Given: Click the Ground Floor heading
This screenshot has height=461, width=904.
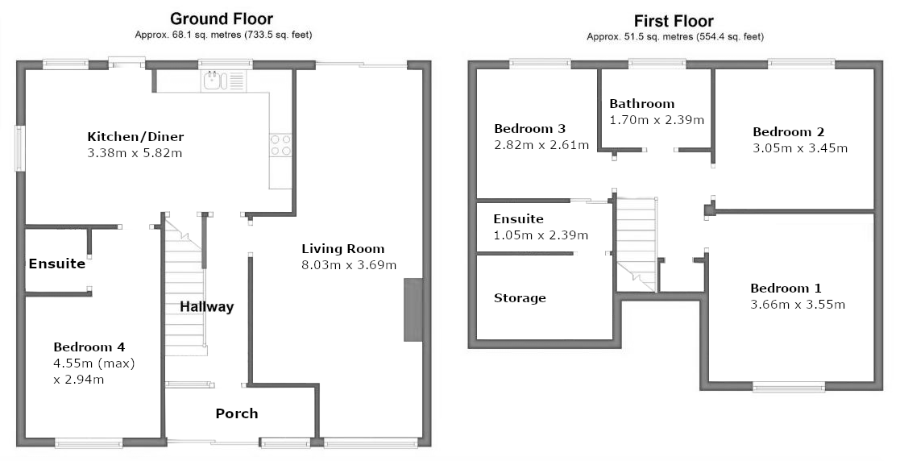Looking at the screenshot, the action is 222,19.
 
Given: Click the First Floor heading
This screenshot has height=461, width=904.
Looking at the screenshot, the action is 674,22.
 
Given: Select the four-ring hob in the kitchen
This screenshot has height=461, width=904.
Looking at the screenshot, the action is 280,145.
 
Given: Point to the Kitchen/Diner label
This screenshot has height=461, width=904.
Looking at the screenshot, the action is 135,137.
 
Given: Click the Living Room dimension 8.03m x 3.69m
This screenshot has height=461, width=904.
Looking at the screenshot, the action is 349,265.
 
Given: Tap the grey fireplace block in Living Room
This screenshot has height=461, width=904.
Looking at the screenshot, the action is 413,309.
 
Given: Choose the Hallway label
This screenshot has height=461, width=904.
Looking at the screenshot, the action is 207,306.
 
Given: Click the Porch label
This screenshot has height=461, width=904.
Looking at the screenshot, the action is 237,413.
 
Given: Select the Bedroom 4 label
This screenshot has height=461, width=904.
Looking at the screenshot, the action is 89,347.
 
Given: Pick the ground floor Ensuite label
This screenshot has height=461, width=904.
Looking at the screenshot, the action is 57,264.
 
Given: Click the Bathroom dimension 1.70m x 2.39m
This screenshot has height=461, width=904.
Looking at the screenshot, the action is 657,120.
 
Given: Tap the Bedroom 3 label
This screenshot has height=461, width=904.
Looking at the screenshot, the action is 530,129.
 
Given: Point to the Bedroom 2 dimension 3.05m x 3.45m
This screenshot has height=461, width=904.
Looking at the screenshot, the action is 800,148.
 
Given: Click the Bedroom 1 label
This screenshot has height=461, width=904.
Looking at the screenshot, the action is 786,288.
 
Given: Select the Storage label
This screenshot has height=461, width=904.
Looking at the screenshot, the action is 520,298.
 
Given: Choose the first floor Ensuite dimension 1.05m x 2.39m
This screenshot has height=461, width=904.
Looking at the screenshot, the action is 541,235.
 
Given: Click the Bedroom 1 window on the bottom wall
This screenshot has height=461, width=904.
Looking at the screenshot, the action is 789,387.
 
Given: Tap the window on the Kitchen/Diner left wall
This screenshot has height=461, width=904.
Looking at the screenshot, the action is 19,148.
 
